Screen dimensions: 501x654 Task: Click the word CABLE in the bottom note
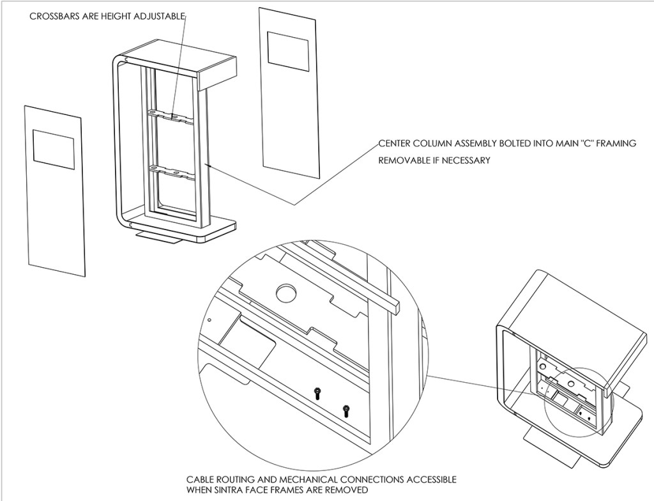[x=199, y=479]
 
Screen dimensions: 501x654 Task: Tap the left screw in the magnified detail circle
[x=316, y=394]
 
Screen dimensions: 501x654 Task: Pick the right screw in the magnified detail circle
[x=346, y=410]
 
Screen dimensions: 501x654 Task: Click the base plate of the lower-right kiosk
[x=623, y=441]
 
